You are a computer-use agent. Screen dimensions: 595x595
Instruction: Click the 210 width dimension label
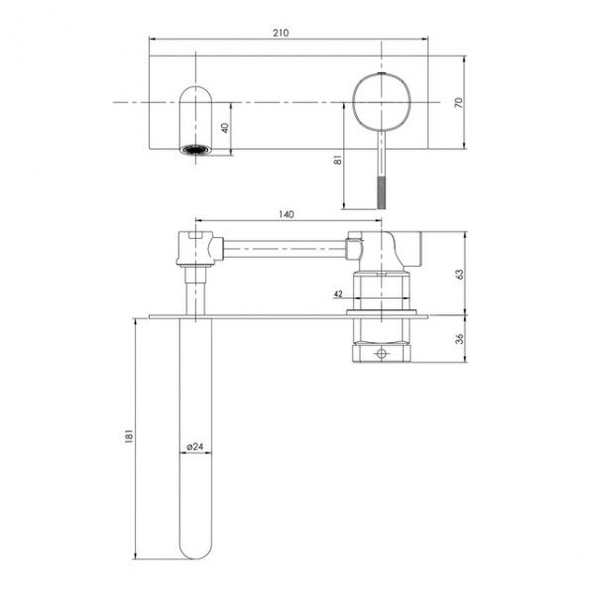(281, 33)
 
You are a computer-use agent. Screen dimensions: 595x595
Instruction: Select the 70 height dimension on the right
(458, 103)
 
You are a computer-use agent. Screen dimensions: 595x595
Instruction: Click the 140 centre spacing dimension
(286, 213)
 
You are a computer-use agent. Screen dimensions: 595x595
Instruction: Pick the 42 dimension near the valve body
(338, 294)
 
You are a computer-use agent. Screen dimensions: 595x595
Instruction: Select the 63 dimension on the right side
(458, 274)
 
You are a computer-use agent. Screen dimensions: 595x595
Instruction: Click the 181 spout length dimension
(128, 438)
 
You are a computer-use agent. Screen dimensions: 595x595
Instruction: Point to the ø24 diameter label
(197, 447)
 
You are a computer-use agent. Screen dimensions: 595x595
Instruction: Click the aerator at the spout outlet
(193, 151)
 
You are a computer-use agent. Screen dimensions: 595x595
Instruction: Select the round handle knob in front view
(379, 100)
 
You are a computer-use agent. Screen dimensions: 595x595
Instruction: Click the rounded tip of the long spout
(196, 545)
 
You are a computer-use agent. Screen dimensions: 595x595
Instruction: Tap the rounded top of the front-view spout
(193, 95)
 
